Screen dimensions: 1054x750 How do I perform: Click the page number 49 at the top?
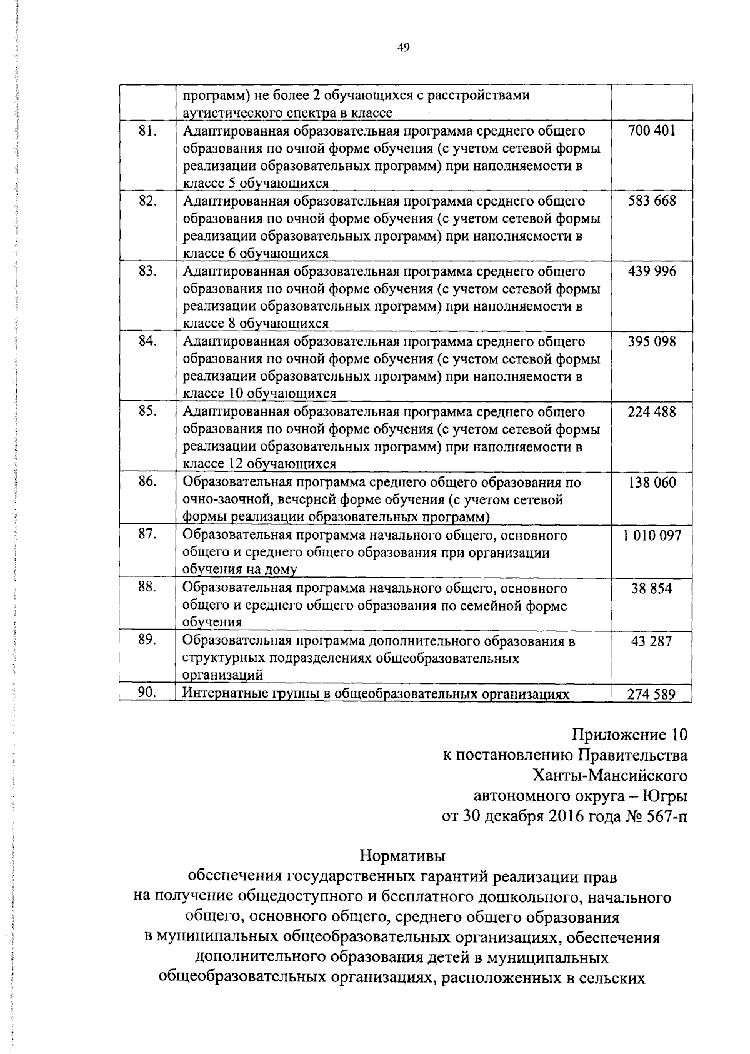click(403, 48)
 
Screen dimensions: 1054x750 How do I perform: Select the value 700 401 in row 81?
click(652, 131)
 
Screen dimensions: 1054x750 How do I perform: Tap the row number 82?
click(147, 201)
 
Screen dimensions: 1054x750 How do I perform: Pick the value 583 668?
click(652, 201)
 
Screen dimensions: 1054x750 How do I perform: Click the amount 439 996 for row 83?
click(652, 271)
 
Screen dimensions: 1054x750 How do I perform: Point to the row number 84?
click(147, 341)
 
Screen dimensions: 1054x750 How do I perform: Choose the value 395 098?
click(652, 342)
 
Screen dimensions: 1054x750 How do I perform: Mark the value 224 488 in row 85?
click(652, 412)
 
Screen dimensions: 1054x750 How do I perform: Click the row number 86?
click(147, 482)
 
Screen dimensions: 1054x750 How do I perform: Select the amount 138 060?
click(652, 483)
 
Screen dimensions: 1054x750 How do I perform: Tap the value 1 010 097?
click(652, 535)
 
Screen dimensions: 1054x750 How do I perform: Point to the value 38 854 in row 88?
click(652, 588)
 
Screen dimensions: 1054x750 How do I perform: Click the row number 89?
click(147, 640)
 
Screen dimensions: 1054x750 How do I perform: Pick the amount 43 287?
click(652, 641)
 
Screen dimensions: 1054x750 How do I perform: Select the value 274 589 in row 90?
click(652, 694)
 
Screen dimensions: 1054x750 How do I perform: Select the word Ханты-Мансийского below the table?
click(610, 776)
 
